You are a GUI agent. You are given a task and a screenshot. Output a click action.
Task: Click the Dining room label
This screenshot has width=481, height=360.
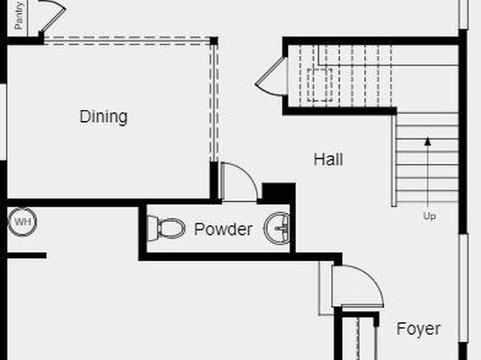(x=103, y=116)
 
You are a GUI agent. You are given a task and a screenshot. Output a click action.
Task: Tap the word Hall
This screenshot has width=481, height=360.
(x=328, y=160)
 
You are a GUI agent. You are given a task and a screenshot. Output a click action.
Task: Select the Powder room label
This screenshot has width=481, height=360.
(x=224, y=229)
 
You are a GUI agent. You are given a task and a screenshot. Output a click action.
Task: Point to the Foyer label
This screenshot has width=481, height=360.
(x=418, y=329)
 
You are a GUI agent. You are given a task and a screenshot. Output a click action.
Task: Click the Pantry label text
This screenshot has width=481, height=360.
(x=19, y=15)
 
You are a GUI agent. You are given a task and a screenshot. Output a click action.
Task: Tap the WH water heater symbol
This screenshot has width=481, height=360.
(x=23, y=222)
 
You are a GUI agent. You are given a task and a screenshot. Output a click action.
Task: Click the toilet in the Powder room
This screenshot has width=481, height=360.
(x=166, y=228)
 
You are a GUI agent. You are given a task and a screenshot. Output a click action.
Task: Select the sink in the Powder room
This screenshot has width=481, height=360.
(x=277, y=228)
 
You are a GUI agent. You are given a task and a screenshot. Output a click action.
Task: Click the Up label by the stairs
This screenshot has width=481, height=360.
(x=429, y=216)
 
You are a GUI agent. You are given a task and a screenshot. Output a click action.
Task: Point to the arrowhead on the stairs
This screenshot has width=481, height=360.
(x=428, y=141)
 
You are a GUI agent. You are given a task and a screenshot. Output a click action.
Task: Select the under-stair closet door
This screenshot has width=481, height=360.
(x=270, y=77)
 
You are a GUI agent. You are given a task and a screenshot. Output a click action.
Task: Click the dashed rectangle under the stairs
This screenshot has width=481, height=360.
(x=320, y=85)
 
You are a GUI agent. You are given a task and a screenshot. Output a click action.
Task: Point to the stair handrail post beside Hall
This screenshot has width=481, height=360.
(x=394, y=160)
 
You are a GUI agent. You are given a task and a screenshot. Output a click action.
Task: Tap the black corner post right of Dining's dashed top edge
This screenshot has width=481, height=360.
(x=214, y=41)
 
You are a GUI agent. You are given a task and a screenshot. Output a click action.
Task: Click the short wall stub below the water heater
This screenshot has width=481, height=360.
(x=27, y=255)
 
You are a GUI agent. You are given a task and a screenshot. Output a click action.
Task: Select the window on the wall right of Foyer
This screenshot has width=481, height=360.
(x=463, y=288)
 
